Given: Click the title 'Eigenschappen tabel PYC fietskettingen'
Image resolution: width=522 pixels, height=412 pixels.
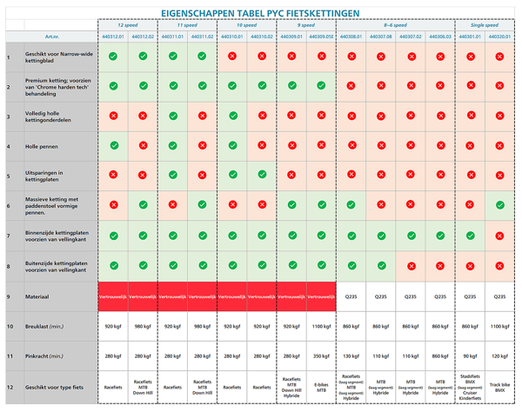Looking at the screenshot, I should coord(261,12).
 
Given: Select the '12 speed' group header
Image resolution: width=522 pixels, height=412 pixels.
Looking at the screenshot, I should coord(129,26).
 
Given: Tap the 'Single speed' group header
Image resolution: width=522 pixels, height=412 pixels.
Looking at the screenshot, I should coord(484,26).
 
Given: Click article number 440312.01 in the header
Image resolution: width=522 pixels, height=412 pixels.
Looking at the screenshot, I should coord(113,37).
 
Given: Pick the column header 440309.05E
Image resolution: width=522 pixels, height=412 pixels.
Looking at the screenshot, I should coord(321,37).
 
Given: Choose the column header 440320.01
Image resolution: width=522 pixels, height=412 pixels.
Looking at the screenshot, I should coord(499,37).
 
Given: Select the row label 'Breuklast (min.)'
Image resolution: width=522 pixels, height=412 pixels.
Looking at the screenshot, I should coord(43,326).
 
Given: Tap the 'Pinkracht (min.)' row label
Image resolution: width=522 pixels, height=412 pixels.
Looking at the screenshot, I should coord(43,356).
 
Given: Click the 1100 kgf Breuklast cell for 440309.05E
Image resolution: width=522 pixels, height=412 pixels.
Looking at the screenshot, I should coord(321,326).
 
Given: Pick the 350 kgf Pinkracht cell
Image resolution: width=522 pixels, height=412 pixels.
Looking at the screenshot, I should coord(321,356).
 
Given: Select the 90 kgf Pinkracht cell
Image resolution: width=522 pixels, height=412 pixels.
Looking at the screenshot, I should coord(470,356).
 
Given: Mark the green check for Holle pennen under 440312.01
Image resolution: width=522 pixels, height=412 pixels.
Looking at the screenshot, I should coord(113,146).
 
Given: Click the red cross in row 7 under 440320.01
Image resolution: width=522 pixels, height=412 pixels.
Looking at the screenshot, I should coord(499,236).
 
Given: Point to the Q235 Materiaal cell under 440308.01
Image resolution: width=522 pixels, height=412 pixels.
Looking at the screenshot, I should coord(351,296).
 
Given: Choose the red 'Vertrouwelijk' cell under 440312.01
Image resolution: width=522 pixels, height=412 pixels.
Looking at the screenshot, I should coord(113,296).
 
